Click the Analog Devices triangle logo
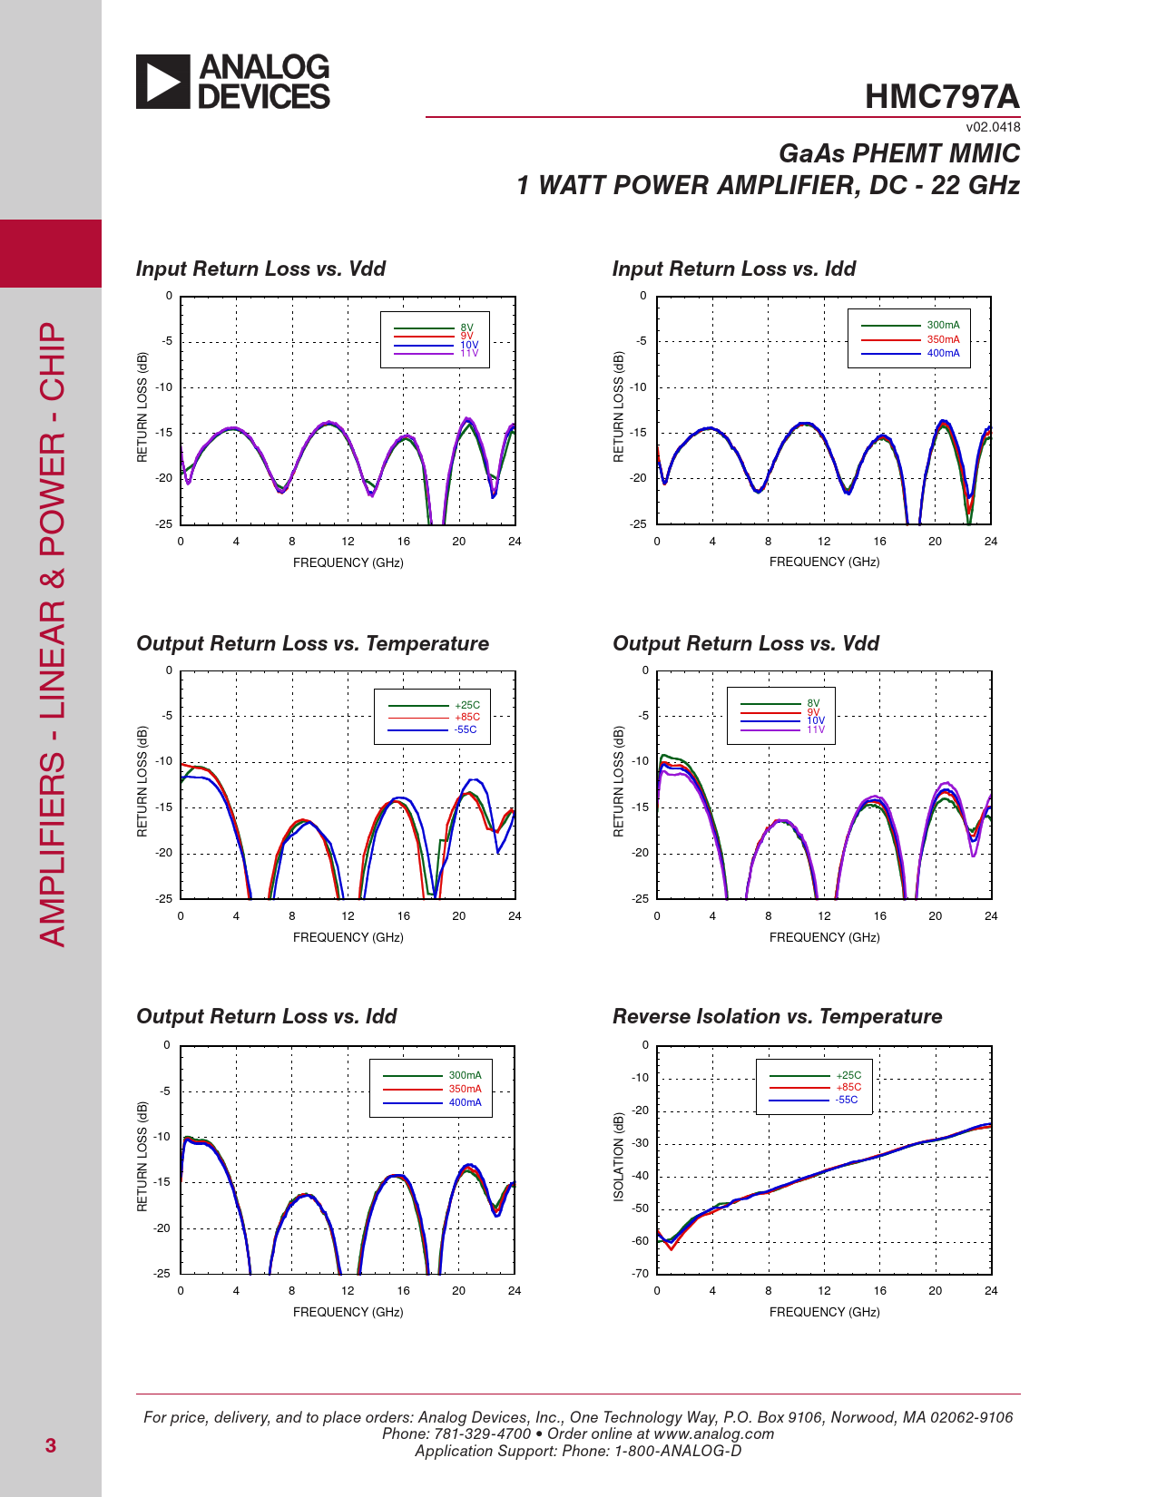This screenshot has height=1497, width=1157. pyautogui.click(x=163, y=82)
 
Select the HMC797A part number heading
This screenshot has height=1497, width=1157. pyautogui.click(x=942, y=97)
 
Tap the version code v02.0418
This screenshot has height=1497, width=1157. pyautogui.click(x=993, y=127)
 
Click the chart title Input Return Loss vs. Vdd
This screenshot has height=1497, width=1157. pyautogui.click(x=260, y=269)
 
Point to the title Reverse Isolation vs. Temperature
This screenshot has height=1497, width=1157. pyautogui.click(x=777, y=1016)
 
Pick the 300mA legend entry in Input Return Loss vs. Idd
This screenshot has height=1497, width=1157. pyautogui.click(x=943, y=325)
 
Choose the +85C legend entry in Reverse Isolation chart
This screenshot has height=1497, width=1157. pyautogui.click(x=848, y=1087)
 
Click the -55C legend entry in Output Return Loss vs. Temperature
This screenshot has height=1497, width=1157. pyautogui.click(x=466, y=729)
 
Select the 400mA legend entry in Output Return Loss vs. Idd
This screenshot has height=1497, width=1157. pyautogui.click(x=465, y=1102)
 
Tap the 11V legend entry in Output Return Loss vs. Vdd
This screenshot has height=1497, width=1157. pyautogui.click(x=816, y=729)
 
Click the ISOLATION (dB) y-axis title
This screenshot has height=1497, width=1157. pyautogui.click(x=619, y=1157)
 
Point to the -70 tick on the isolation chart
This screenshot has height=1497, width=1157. pyautogui.click(x=641, y=1273)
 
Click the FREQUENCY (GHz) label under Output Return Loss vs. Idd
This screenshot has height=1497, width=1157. pyautogui.click(x=348, y=1312)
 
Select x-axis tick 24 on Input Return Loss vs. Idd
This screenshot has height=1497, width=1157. pyautogui.click(x=991, y=542)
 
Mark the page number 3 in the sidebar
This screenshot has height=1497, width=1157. pyautogui.click(x=51, y=1445)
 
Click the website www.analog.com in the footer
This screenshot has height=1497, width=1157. pyautogui.click(x=713, y=1433)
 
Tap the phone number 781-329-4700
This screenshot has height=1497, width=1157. pyautogui.click(x=484, y=1433)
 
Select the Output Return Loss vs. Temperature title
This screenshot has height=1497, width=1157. pyautogui.click(x=312, y=643)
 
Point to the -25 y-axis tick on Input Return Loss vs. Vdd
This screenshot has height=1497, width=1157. pyautogui.click(x=163, y=524)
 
